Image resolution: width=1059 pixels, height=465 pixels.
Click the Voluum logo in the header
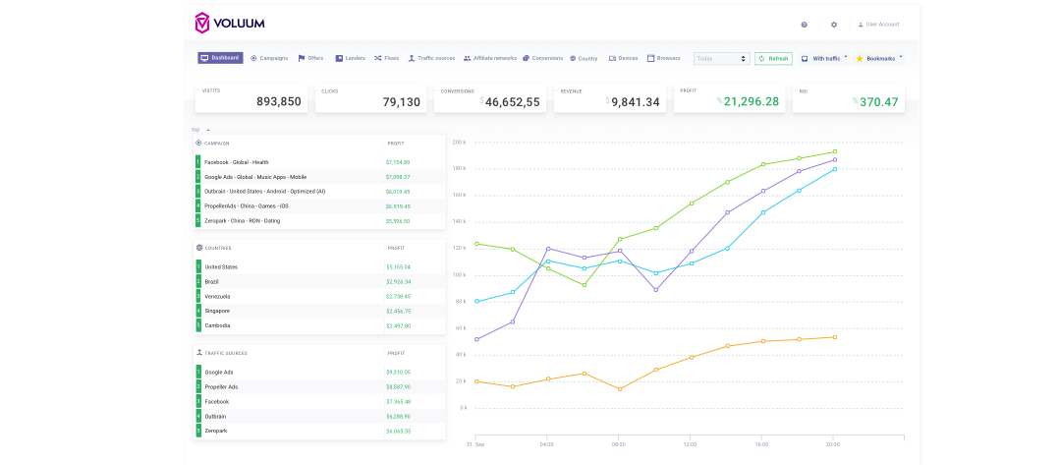click(x=229, y=23)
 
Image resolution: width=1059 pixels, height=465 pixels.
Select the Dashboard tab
click(x=220, y=58)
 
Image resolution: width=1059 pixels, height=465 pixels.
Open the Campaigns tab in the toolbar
click(x=269, y=58)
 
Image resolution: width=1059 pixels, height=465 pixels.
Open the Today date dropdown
click(x=721, y=59)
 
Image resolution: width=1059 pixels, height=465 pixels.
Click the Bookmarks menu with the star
click(x=878, y=59)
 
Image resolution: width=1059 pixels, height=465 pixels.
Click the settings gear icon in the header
click(x=834, y=25)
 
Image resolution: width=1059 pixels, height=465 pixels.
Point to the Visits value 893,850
click(x=278, y=101)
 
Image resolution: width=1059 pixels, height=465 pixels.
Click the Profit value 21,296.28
click(x=751, y=101)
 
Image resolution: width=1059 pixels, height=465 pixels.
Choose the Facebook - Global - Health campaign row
click(x=236, y=162)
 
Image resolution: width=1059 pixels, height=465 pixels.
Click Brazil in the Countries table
click(x=213, y=281)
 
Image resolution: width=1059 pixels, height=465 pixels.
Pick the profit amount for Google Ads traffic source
click(x=398, y=373)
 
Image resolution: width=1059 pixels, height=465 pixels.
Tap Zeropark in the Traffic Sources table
click(x=216, y=431)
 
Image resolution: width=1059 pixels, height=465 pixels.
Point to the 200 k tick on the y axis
click(x=459, y=143)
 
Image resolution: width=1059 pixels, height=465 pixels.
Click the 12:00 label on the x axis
click(x=690, y=443)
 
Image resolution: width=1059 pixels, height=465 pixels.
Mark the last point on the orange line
click(x=834, y=337)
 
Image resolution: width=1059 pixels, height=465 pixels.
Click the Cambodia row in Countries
click(x=218, y=325)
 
